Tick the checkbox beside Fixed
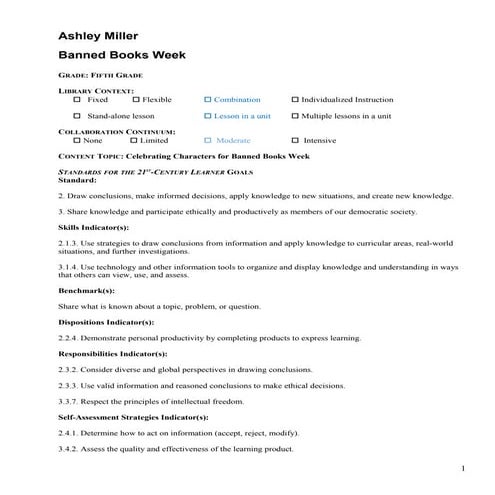pos(79,100)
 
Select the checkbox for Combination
pos(207,100)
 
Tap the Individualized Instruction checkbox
pos(295,100)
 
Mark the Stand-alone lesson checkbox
pos(79,117)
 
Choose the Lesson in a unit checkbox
pos(207,117)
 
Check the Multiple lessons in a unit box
pos(295,117)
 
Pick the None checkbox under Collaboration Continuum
pos(79,141)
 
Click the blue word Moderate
pos(233,141)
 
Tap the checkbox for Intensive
pos(295,141)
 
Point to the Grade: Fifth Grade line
pos(100,75)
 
